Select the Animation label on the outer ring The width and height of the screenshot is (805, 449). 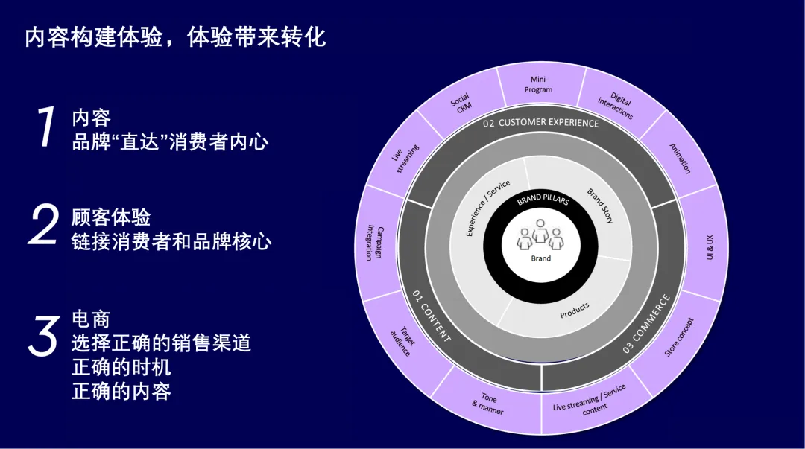point(680,158)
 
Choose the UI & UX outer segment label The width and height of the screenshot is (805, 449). point(709,247)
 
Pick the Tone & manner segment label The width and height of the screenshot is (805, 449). point(488,404)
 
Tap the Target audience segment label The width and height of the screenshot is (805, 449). point(403,340)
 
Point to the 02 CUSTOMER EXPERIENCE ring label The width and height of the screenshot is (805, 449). point(540,123)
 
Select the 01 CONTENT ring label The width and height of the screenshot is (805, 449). point(432,316)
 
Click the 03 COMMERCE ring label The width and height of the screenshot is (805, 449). point(646,324)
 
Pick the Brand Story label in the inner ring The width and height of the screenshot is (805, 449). point(601,206)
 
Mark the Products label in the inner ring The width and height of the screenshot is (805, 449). point(574,310)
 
